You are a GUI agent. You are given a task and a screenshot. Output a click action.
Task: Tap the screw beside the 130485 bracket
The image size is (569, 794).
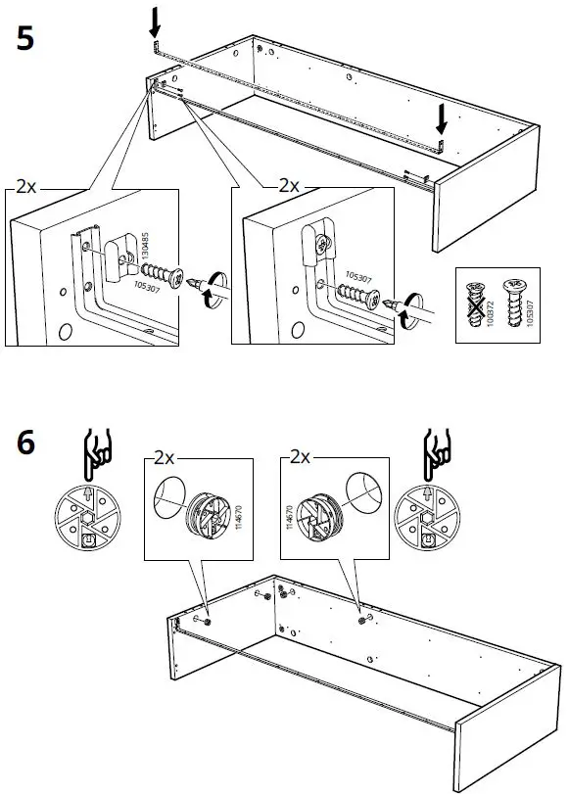162,273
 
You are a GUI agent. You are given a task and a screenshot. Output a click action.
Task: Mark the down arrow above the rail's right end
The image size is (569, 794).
442,119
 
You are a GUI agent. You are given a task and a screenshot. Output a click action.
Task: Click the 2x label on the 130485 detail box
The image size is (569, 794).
29,185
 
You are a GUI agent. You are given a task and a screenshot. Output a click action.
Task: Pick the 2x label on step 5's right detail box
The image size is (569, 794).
290,184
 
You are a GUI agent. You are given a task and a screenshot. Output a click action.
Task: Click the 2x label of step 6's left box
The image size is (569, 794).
163,457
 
